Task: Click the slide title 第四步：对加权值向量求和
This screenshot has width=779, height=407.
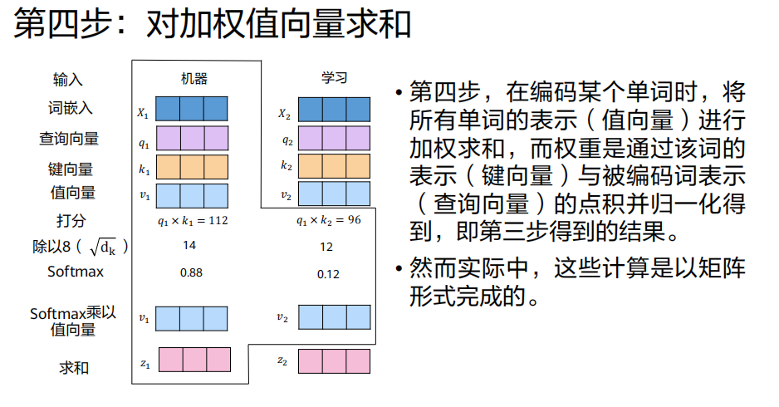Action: (x=213, y=26)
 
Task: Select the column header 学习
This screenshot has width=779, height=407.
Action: (x=335, y=78)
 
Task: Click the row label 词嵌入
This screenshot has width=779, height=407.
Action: (x=71, y=108)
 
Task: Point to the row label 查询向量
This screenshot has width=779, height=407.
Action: (x=69, y=139)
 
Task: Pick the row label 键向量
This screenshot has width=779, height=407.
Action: (x=71, y=169)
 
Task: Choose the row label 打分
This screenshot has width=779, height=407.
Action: (x=71, y=221)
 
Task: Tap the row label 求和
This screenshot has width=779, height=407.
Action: (x=73, y=367)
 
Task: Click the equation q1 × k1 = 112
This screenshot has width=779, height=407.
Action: (x=193, y=221)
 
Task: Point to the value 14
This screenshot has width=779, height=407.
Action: (x=189, y=246)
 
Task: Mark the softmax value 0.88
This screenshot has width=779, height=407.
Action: (x=191, y=272)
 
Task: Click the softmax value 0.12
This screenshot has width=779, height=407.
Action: (x=328, y=274)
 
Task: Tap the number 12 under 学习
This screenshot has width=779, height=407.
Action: (x=326, y=247)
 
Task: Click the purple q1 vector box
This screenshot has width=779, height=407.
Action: (x=192, y=138)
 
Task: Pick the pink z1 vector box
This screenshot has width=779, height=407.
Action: (x=194, y=360)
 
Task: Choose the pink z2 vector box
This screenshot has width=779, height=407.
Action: (x=334, y=361)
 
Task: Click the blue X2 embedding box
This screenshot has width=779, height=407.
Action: (x=334, y=110)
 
